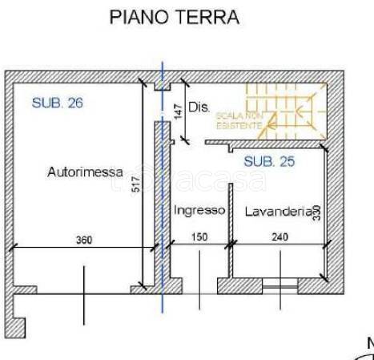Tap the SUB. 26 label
pyautogui.click(x=58, y=103)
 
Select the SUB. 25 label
pyautogui.click(x=269, y=161)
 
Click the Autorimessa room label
pyautogui.click(x=85, y=172)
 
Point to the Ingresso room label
pyautogui.click(x=199, y=210)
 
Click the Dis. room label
pyautogui.click(x=198, y=106)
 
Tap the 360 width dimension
pyautogui.click(x=84, y=240)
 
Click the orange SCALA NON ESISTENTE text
pyautogui.click(x=238, y=121)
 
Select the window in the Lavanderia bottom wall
pyautogui.click(x=279, y=285)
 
